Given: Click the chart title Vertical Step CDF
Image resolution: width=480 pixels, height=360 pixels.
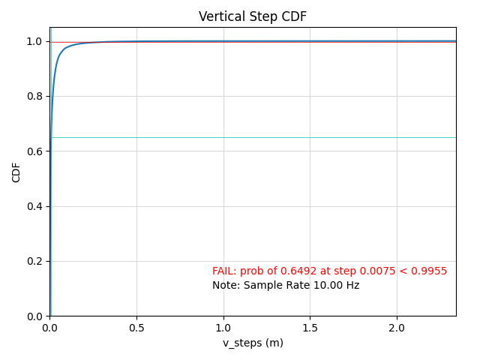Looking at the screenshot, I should (x=252, y=16).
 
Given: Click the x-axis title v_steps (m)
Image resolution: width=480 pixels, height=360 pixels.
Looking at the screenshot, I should (x=253, y=343).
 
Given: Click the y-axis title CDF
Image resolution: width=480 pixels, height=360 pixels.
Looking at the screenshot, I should (x=16, y=172).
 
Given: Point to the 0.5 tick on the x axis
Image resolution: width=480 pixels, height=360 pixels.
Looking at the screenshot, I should (x=136, y=328).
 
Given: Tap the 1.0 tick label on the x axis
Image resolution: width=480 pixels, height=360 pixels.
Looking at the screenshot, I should (x=223, y=328).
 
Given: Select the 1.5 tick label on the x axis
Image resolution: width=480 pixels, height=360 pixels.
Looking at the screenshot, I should (x=310, y=328).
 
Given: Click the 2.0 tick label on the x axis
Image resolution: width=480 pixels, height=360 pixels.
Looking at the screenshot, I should (x=397, y=328).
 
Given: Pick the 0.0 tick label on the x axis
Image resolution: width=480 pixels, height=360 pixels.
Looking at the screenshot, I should (x=49, y=328).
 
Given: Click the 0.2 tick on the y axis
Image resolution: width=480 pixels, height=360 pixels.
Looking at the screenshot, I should (x=34, y=261).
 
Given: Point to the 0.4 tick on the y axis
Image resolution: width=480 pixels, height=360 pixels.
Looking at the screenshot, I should (x=34, y=206).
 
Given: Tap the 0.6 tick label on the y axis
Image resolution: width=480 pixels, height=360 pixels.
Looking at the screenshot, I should (x=34, y=151).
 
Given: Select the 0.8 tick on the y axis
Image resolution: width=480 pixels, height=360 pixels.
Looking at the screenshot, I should (x=34, y=96).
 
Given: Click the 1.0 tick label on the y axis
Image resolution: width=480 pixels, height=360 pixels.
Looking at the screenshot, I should (x=34, y=41).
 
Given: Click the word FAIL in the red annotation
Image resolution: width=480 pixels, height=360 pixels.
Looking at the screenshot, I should (x=224, y=271).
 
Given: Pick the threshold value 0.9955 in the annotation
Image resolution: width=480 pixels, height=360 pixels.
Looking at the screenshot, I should (x=431, y=271).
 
